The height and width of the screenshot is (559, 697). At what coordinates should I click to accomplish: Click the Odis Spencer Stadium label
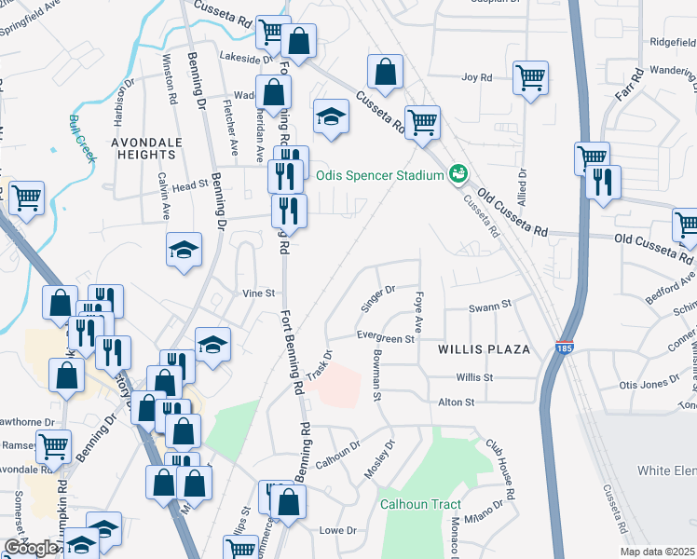click(x=380, y=175)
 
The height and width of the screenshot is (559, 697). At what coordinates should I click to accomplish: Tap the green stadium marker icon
click(x=458, y=173)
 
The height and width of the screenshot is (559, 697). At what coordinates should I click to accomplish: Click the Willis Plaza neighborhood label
click(x=484, y=349)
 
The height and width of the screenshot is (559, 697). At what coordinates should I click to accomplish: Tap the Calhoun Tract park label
click(x=420, y=504)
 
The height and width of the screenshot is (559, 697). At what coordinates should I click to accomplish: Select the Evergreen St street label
click(x=385, y=339)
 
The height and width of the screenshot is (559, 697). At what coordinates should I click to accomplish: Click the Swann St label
click(x=491, y=305)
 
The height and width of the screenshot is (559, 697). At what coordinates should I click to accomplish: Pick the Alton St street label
click(x=457, y=402)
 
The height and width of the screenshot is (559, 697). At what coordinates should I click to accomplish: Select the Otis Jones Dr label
click(x=649, y=385)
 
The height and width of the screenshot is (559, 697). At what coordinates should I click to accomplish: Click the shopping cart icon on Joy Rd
click(x=530, y=78)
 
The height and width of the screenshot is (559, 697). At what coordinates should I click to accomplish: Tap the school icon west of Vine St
click(x=184, y=250)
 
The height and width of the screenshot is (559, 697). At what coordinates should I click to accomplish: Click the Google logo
click(x=31, y=548)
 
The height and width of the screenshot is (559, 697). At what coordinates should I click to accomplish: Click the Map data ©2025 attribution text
click(x=658, y=552)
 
